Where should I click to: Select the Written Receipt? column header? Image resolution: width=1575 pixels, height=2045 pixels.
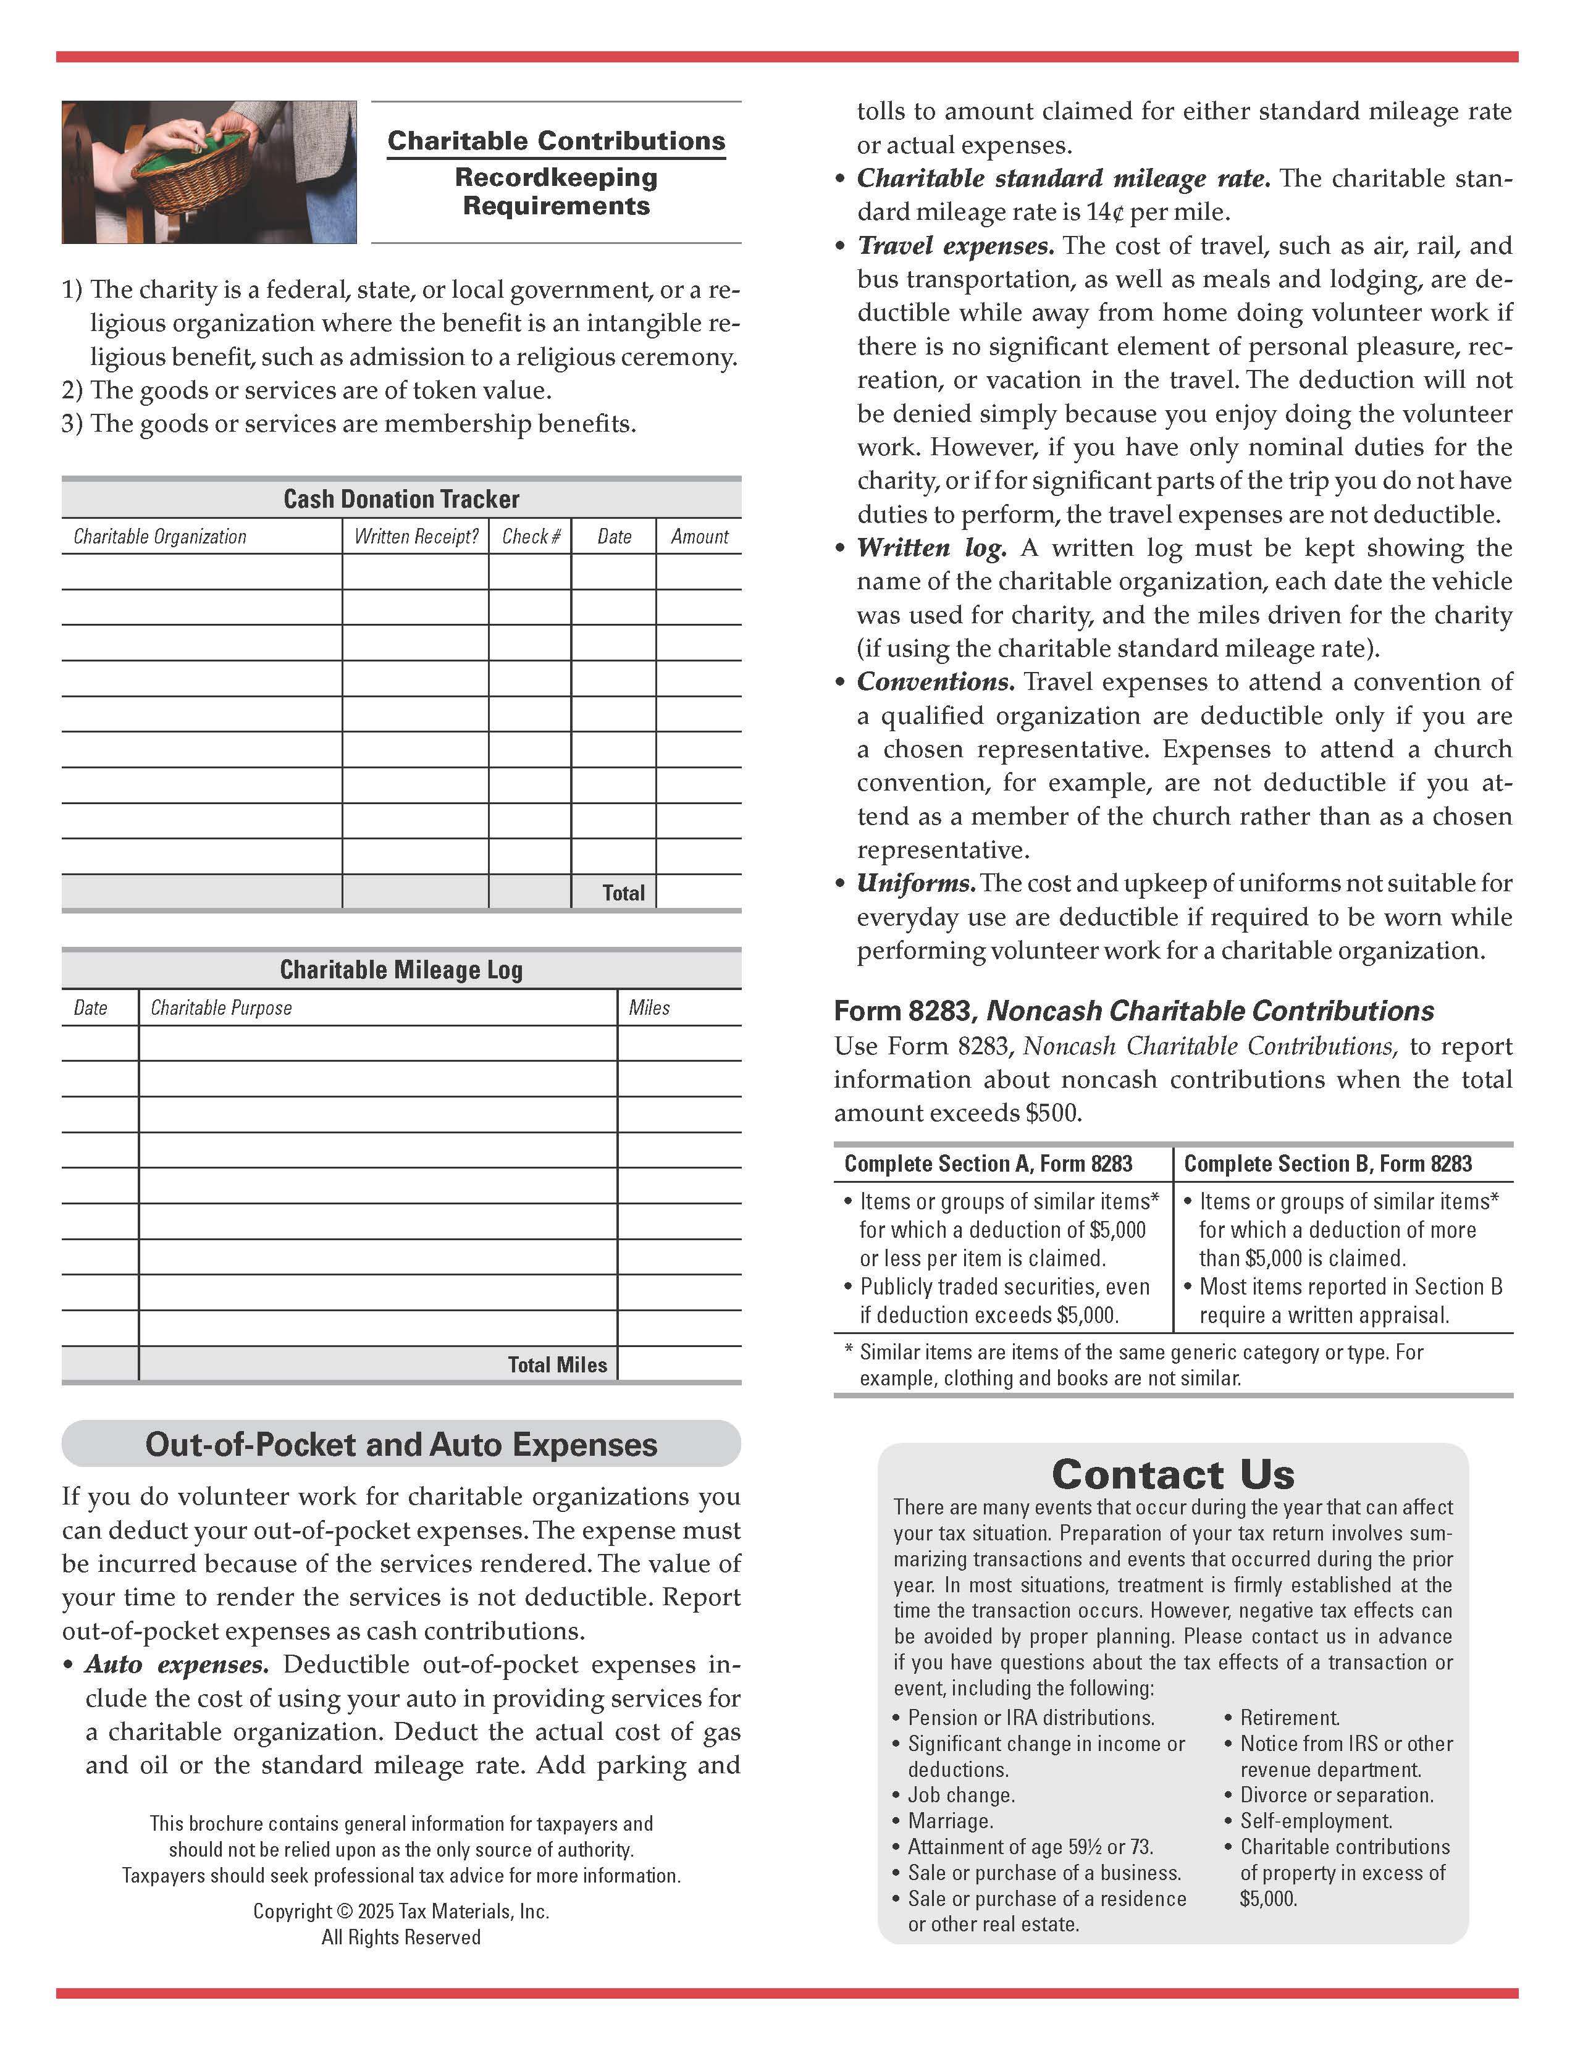pos(416,537)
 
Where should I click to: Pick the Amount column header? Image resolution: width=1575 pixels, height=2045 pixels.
pos(699,537)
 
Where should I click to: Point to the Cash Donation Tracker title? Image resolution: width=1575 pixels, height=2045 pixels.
pos(401,499)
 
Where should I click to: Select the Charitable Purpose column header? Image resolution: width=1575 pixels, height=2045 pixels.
pos(221,1007)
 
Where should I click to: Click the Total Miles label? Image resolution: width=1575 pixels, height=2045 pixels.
pos(557,1364)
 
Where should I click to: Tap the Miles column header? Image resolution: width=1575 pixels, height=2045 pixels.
pos(649,1007)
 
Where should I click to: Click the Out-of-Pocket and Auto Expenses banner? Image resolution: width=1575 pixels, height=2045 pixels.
pos(401,1444)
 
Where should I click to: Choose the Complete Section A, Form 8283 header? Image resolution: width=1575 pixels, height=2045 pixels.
pos(988,1164)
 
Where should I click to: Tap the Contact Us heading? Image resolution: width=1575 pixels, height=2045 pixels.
pos(1172,1475)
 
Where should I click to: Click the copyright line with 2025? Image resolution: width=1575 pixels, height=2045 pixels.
pos(401,1911)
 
